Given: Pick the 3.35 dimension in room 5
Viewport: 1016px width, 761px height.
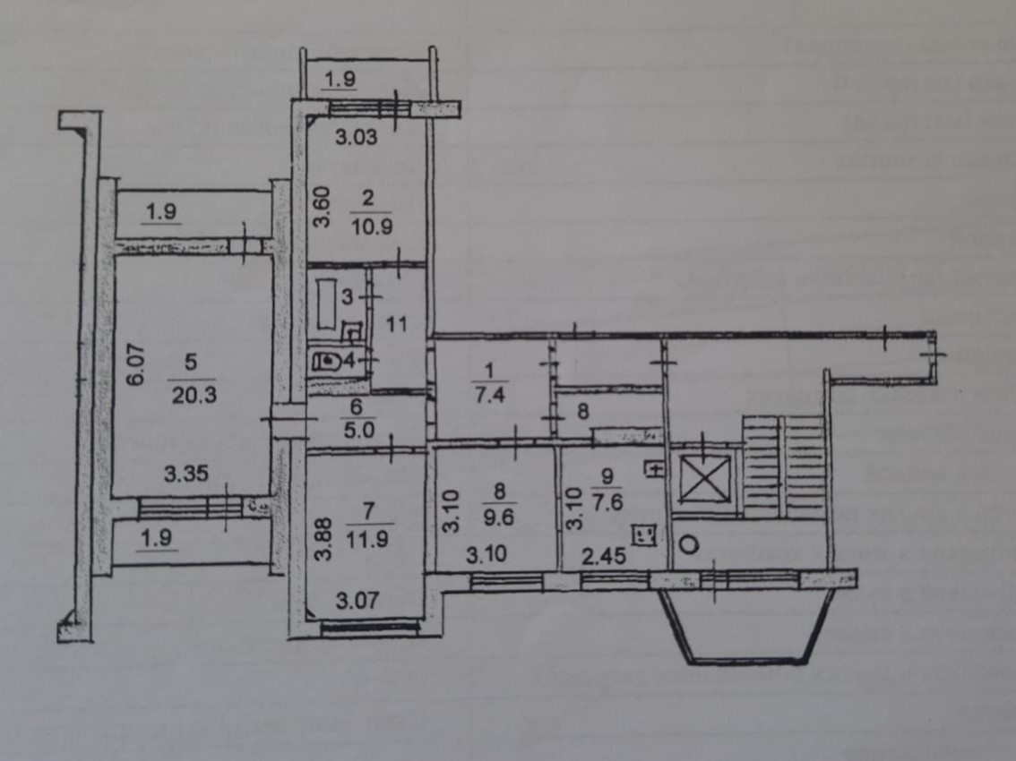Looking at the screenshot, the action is coord(186,474).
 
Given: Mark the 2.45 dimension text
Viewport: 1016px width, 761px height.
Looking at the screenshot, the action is coord(603,555).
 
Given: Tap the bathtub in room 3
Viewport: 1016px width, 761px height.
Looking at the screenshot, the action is coord(325,304).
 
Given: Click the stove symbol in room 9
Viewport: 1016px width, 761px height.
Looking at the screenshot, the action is coord(645,535).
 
